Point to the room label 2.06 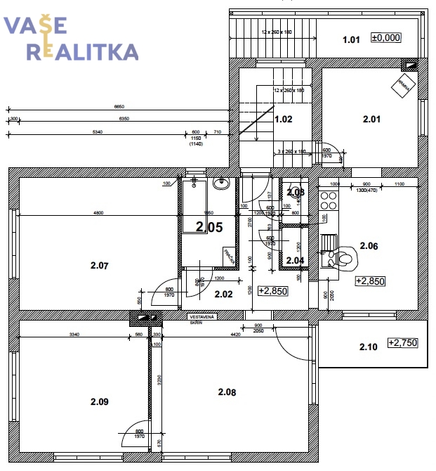pos(369,245)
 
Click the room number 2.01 pos(371,119)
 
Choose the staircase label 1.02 pos(283,119)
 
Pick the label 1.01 pos(352,39)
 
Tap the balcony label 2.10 pos(369,346)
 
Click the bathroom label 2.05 pos(209,226)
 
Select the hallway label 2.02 pos(223,294)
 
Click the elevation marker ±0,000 pos(385,38)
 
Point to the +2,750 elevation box pos(402,342)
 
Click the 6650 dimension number pos(122,106)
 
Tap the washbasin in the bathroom pos(222,183)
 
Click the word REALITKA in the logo pos(82,51)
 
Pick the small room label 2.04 pos(295,260)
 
